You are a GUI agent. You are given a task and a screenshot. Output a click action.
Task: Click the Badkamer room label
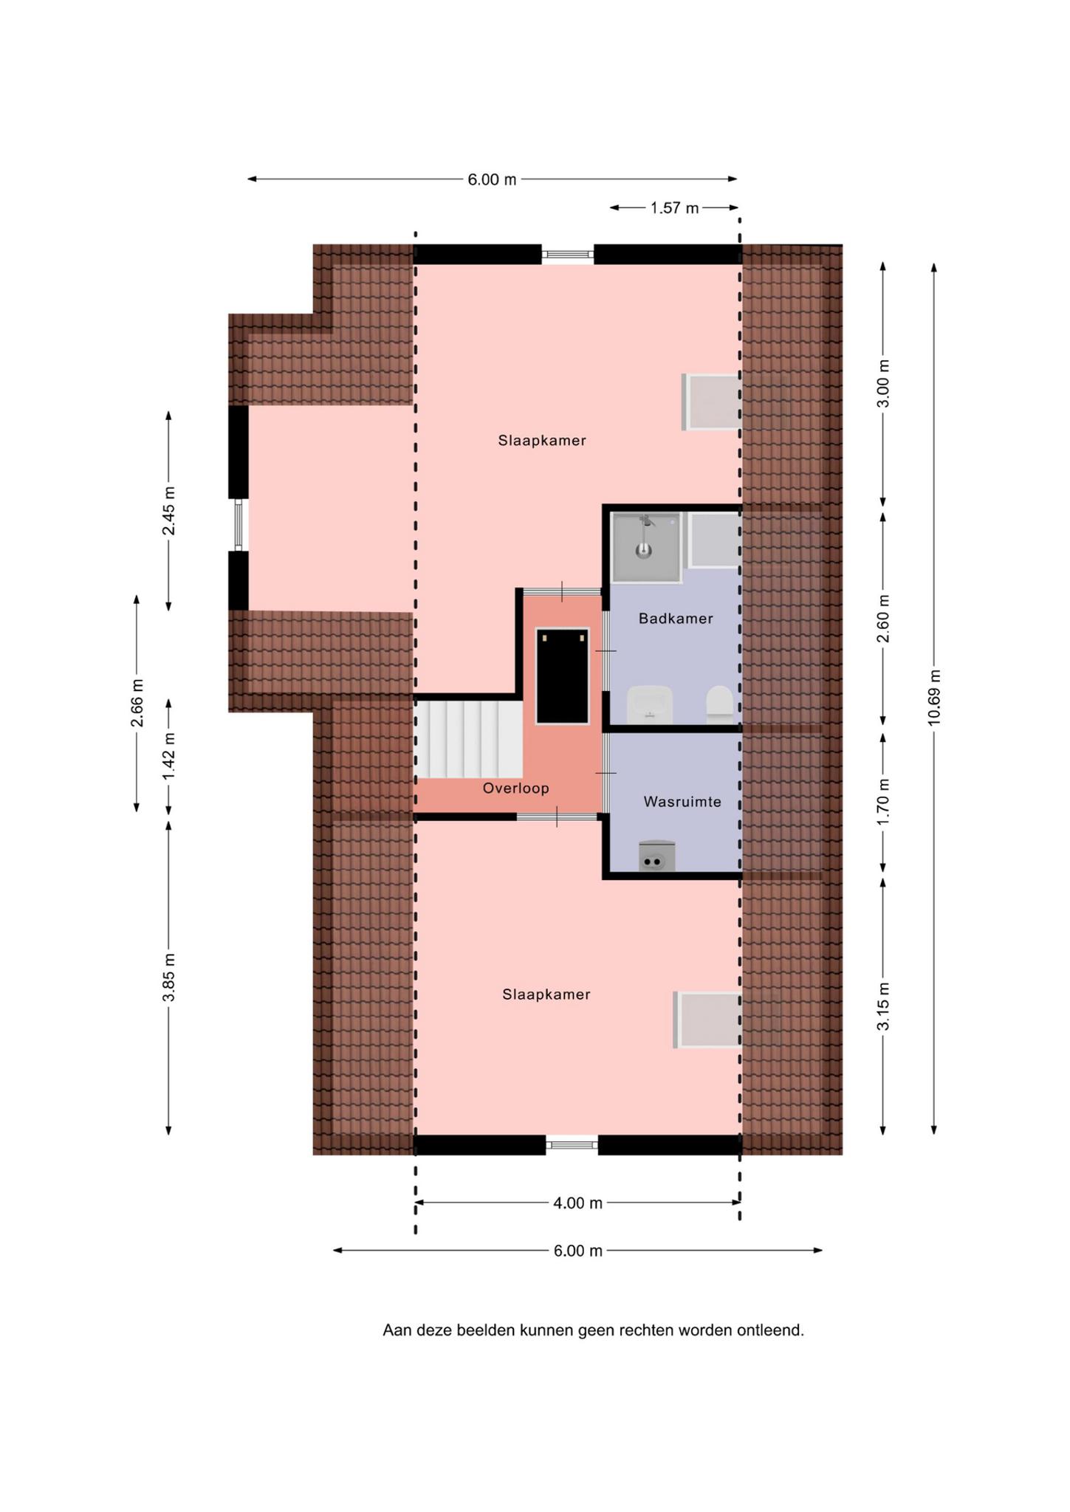[676, 619]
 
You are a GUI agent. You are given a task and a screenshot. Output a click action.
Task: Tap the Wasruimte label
[682, 802]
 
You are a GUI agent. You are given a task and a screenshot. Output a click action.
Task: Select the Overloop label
[516, 788]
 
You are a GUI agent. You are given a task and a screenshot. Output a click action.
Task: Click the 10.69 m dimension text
[934, 698]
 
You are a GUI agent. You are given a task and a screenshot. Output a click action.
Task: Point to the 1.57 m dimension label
[674, 208]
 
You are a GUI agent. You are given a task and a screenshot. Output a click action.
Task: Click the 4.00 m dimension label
[578, 1203]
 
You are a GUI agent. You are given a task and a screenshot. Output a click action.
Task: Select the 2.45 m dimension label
[169, 510]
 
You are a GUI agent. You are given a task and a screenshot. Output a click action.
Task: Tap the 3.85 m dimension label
[169, 977]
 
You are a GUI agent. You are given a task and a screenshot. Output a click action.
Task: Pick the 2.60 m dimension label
[883, 618]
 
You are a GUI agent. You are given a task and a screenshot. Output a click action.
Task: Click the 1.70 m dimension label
[883, 802]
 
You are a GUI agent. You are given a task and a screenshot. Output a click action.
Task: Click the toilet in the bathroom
[719, 704]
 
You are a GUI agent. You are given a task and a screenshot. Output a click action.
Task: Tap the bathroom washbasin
[650, 704]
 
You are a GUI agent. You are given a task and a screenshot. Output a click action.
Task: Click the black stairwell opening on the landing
[563, 676]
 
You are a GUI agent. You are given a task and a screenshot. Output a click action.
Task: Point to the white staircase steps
[468, 738]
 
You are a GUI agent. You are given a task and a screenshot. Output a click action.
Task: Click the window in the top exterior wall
[568, 254]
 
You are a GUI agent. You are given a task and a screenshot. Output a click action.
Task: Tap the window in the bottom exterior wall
[572, 1145]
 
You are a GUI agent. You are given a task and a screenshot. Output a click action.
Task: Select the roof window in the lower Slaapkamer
[707, 1020]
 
